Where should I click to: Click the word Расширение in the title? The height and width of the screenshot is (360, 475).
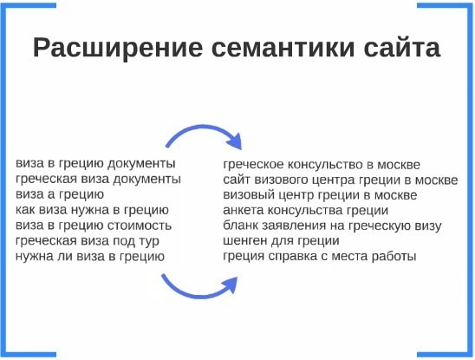point(118,49)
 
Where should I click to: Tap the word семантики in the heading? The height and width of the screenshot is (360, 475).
point(283,48)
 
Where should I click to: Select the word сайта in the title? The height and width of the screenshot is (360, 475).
point(402,47)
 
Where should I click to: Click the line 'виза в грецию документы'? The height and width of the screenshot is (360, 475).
point(95,164)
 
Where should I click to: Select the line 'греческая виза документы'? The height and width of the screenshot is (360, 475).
point(98,180)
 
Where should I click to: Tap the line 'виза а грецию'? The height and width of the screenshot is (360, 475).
point(60,194)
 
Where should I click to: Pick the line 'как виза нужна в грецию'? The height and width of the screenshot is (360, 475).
point(92,210)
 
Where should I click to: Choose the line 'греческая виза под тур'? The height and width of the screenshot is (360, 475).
point(88,241)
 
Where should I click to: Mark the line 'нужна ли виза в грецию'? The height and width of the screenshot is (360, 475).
point(90,257)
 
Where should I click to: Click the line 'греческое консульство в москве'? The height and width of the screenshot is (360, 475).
point(322,165)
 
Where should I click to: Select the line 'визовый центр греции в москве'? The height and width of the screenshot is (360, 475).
point(320,195)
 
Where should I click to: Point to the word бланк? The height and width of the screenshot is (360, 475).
point(240,226)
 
